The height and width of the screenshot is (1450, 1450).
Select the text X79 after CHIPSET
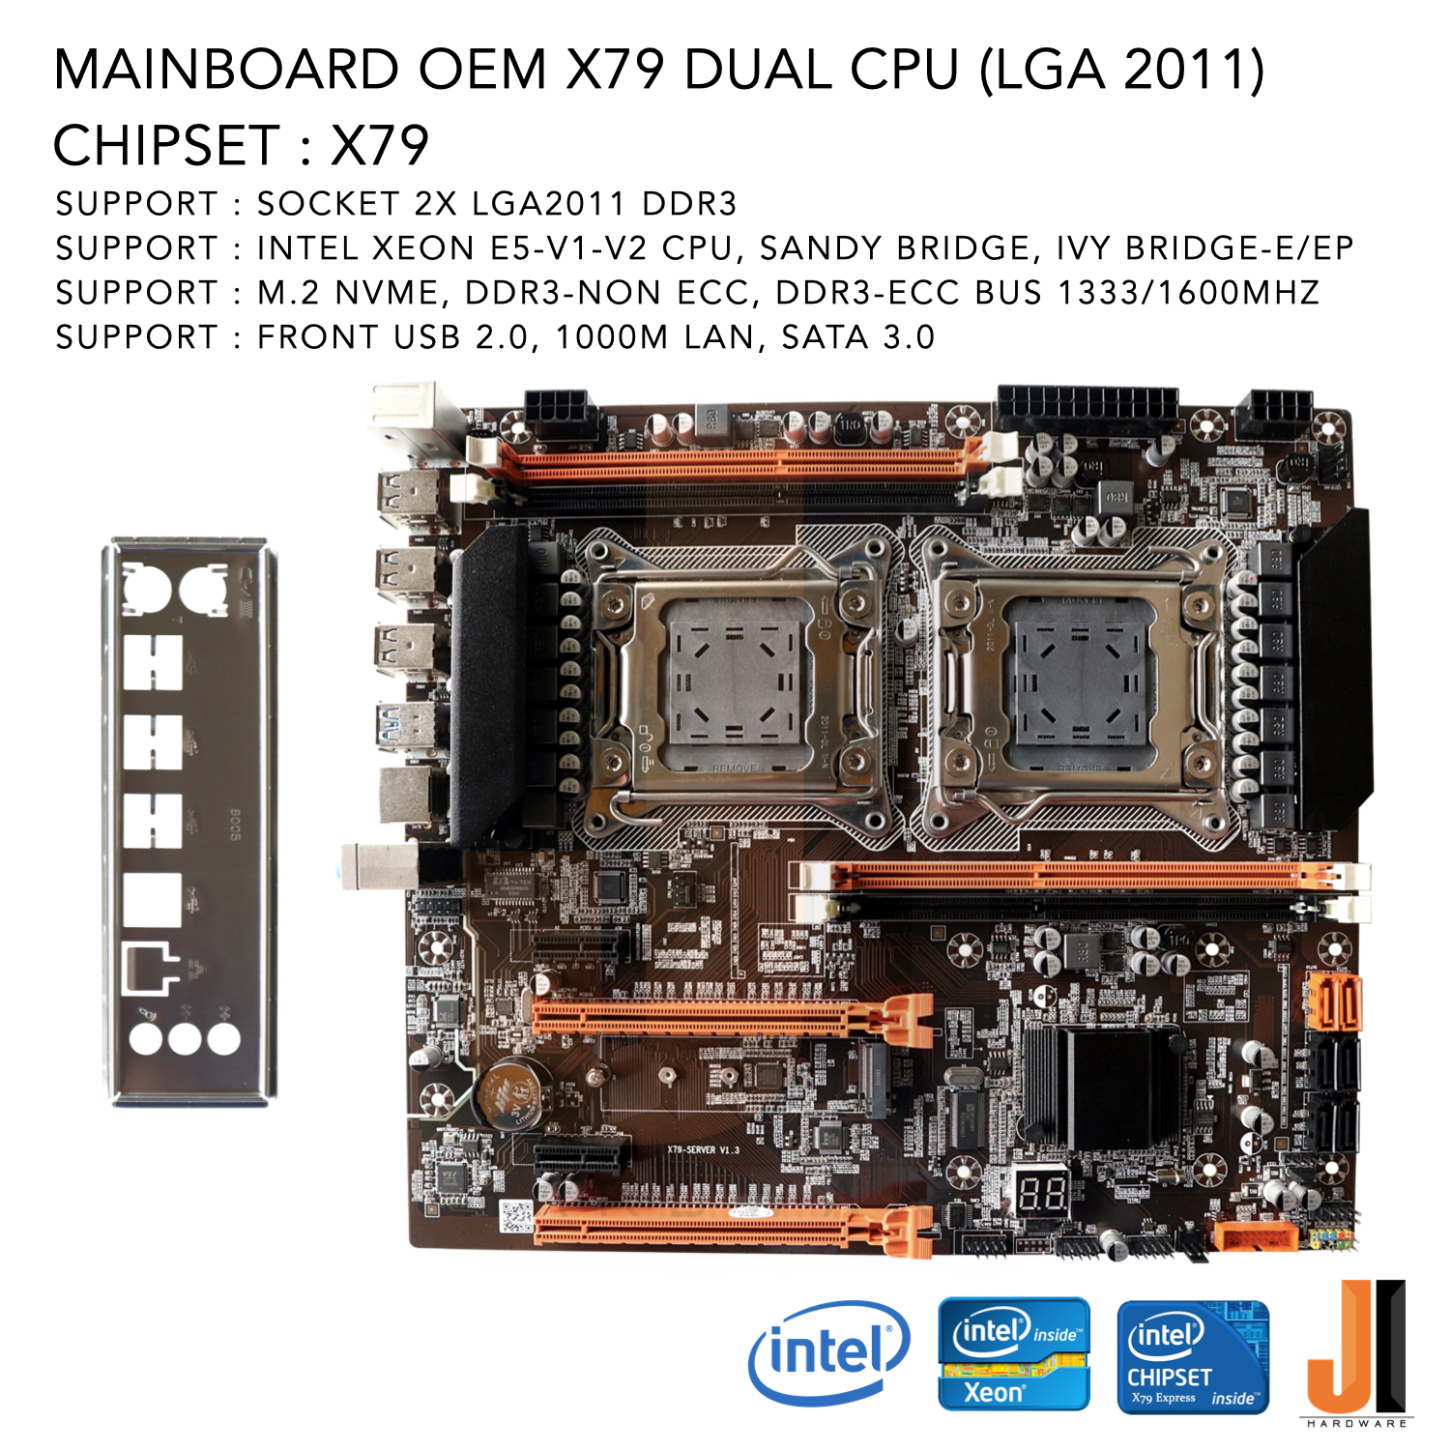click(x=380, y=146)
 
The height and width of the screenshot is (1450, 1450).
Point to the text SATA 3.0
click(x=858, y=337)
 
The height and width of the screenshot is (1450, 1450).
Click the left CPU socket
click(x=735, y=686)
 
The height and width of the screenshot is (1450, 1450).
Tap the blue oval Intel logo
click(x=828, y=1352)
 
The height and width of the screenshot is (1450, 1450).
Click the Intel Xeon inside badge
click(x=1014, y=1354)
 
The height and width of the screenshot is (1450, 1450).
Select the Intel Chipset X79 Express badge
click(x=1192, y=1356)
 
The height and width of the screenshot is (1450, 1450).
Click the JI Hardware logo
click(x=1357, y=1354)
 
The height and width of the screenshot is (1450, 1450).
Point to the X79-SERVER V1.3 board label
click(x=703, y=1149)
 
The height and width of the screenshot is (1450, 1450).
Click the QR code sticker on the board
click(x=516, y=1216)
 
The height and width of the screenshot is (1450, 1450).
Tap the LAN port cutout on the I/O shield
click(x=151, y=968)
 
